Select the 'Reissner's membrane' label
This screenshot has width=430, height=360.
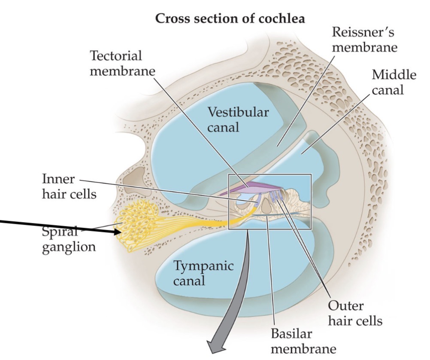tap(364, 39)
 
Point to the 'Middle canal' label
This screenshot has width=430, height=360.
tap(394, 82)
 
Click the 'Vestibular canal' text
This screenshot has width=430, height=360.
tap(238, 119)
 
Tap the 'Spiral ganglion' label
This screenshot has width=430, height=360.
tap(69, 239)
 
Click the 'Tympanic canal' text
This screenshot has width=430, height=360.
tap(203, 273)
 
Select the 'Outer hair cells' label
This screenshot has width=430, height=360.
tap(354, 313)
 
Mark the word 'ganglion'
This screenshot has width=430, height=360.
tap(69, 247)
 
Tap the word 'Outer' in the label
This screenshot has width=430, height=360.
tap(345, 306)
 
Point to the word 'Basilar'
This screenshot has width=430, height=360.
tap(292, 333)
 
